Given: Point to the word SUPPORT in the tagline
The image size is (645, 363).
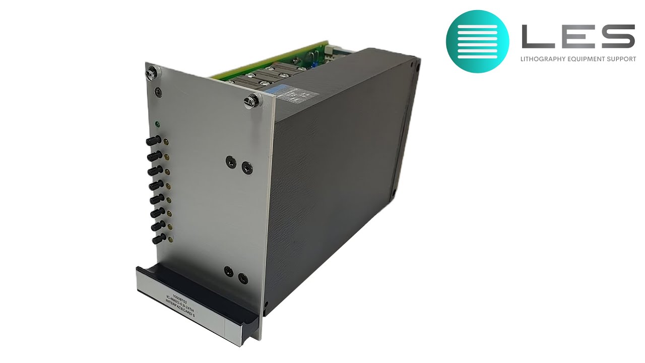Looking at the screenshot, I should (x=621, y=59).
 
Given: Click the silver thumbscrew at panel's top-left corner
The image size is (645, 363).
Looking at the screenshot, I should (x=150, y=73).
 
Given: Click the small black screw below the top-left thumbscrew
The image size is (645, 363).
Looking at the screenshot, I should (x=159, y=92).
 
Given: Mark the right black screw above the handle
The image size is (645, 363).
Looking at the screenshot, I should (x=242, y=277).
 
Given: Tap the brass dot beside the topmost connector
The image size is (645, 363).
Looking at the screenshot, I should (x=166, y=144).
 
